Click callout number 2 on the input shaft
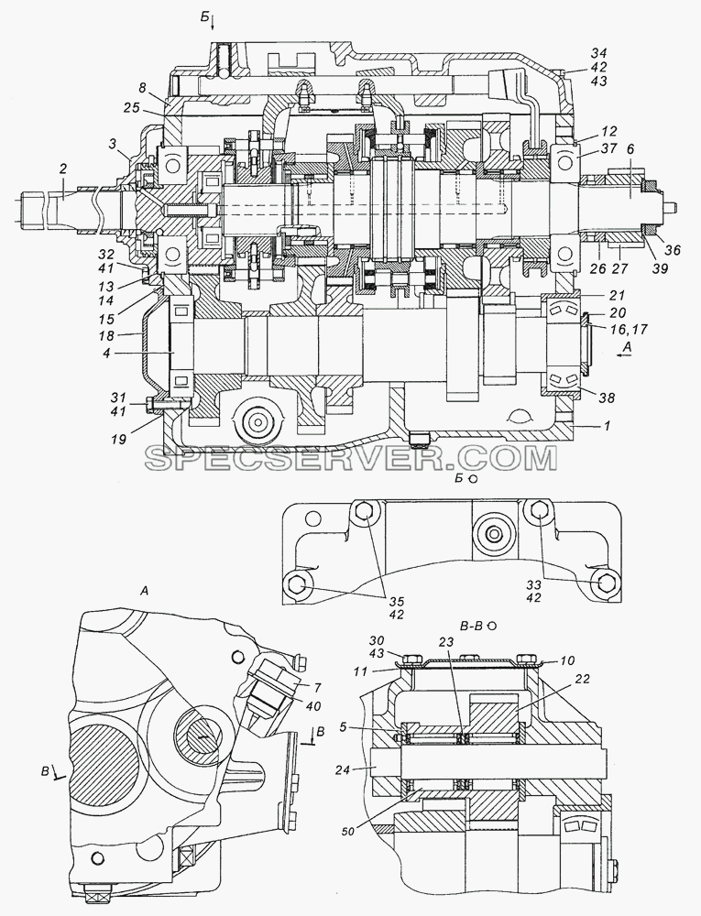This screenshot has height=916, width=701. coord(63,169)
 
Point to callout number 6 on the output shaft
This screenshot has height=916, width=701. coord(630,149)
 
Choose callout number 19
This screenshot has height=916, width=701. coord(118,440)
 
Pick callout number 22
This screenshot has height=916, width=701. coord(582,679)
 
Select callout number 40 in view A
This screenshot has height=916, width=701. coord(314,706)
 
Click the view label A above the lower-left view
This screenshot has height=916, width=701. coord(144,592)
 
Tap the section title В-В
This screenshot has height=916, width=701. coord(471,627)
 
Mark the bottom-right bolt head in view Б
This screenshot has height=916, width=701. coord(605,582)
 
